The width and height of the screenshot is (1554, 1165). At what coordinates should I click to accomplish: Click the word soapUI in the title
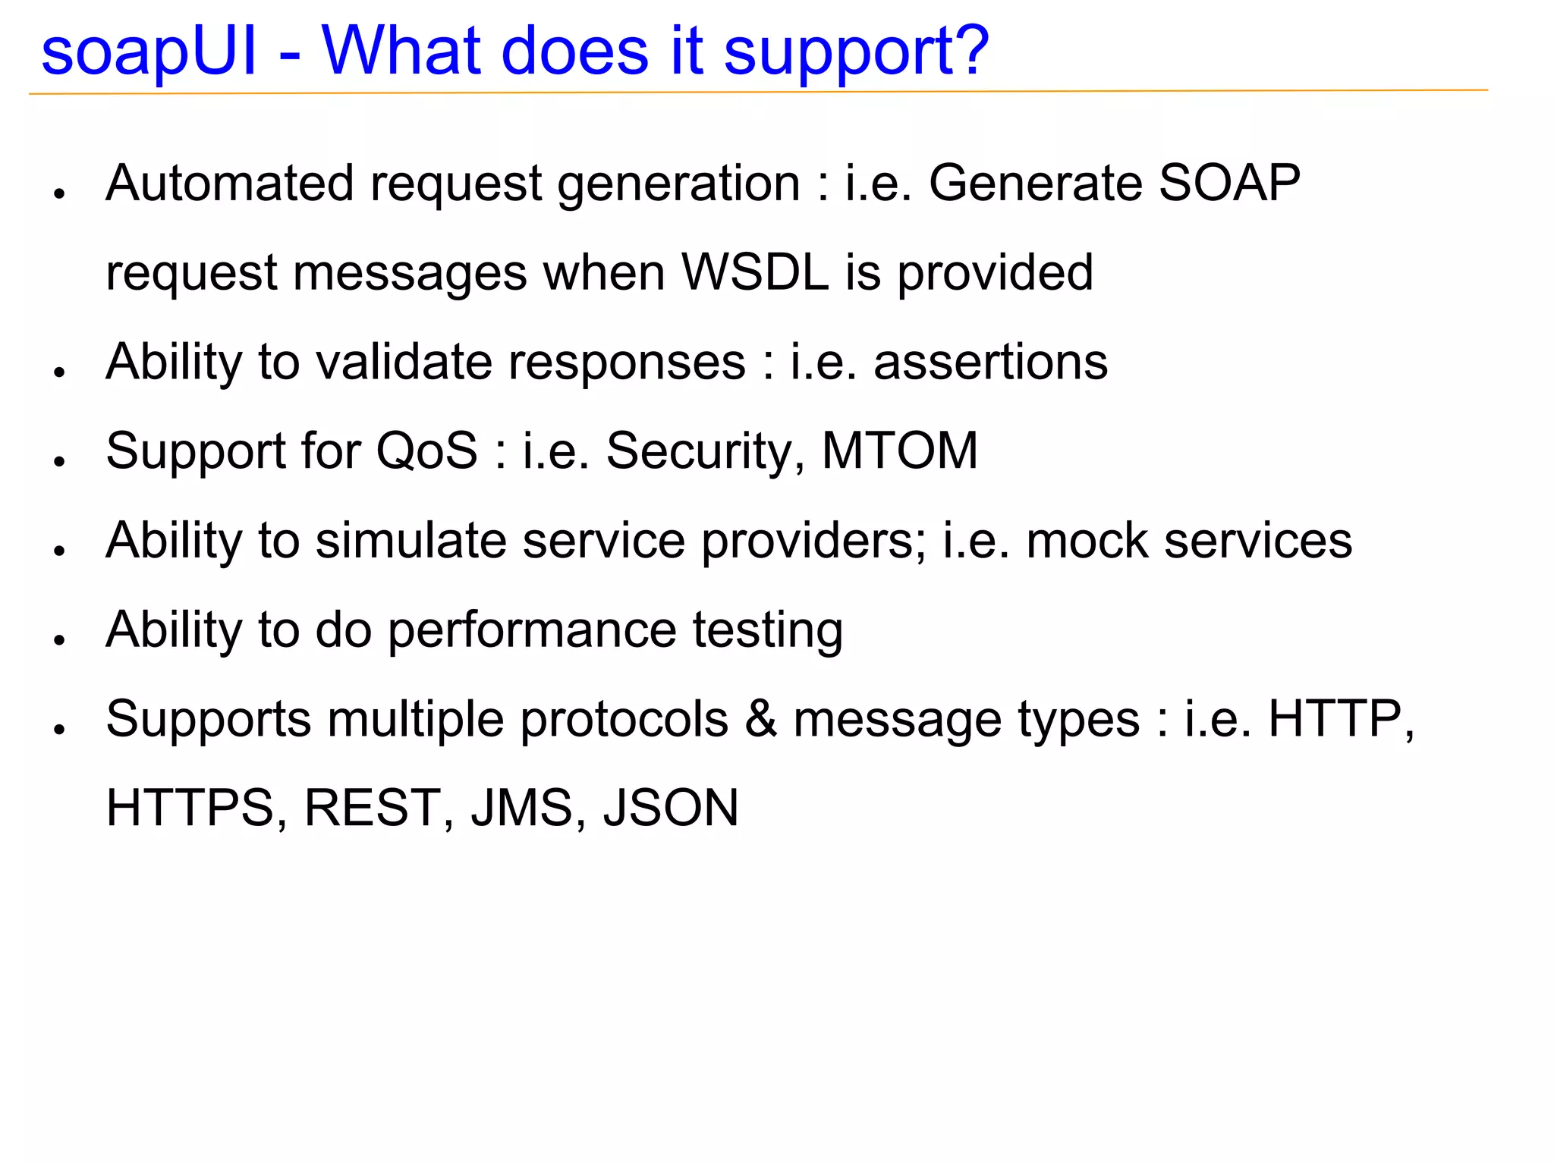pos(149,52)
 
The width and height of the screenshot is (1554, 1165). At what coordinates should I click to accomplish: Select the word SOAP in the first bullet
pos(1229,184)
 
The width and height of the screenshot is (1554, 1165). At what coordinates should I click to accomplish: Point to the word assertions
pos(990,362)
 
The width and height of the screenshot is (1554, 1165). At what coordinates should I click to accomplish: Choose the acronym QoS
pos(427,451)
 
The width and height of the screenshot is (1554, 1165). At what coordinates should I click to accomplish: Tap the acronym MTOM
pos(900,451)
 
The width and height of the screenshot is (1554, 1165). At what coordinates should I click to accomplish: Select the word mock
pos(1087,541)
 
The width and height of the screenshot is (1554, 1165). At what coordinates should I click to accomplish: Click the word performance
pos(532,631)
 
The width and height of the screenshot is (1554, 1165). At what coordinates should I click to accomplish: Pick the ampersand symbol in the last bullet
pos(761,719)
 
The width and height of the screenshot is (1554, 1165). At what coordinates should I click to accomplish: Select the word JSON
pos(671,809)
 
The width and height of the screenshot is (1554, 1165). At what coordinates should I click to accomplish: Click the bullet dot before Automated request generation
pos(59,193)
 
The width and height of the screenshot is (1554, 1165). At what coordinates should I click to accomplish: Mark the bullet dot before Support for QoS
pos(59,461)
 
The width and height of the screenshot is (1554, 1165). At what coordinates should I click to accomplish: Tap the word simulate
pos(411,541)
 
